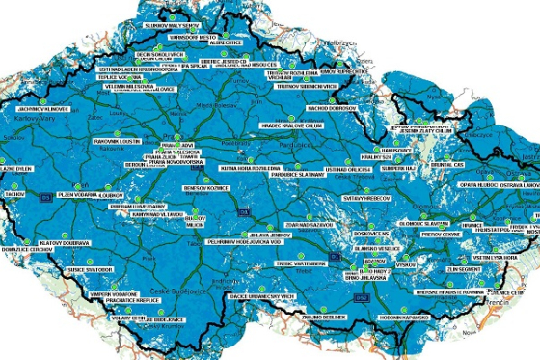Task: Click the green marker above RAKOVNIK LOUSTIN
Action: coord(117,131)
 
